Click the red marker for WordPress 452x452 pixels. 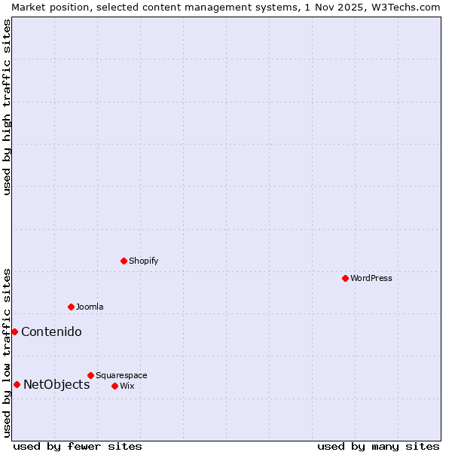pos(345,278)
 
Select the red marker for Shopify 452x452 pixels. pos(124,261)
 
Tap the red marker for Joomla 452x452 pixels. pos(71,307)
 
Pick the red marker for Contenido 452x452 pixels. pos(14,331)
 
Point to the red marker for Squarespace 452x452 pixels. pos(90,375)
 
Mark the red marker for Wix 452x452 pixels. pos(115,386)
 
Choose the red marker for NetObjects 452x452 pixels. pos(17,384)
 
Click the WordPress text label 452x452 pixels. pos(371,278)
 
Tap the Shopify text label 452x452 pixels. pos(143,261)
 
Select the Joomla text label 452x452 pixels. pos(90,307)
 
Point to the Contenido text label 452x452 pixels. pos(51,331)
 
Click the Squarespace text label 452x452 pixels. pos(121,375)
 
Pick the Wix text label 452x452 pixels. pos(127,386)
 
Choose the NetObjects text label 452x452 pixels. pos(56,384)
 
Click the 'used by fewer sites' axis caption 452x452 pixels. pos(78,446)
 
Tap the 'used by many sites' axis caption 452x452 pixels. pos(378,446)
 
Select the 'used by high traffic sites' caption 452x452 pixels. pos(7,107)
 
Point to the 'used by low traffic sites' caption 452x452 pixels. pos(7,352)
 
